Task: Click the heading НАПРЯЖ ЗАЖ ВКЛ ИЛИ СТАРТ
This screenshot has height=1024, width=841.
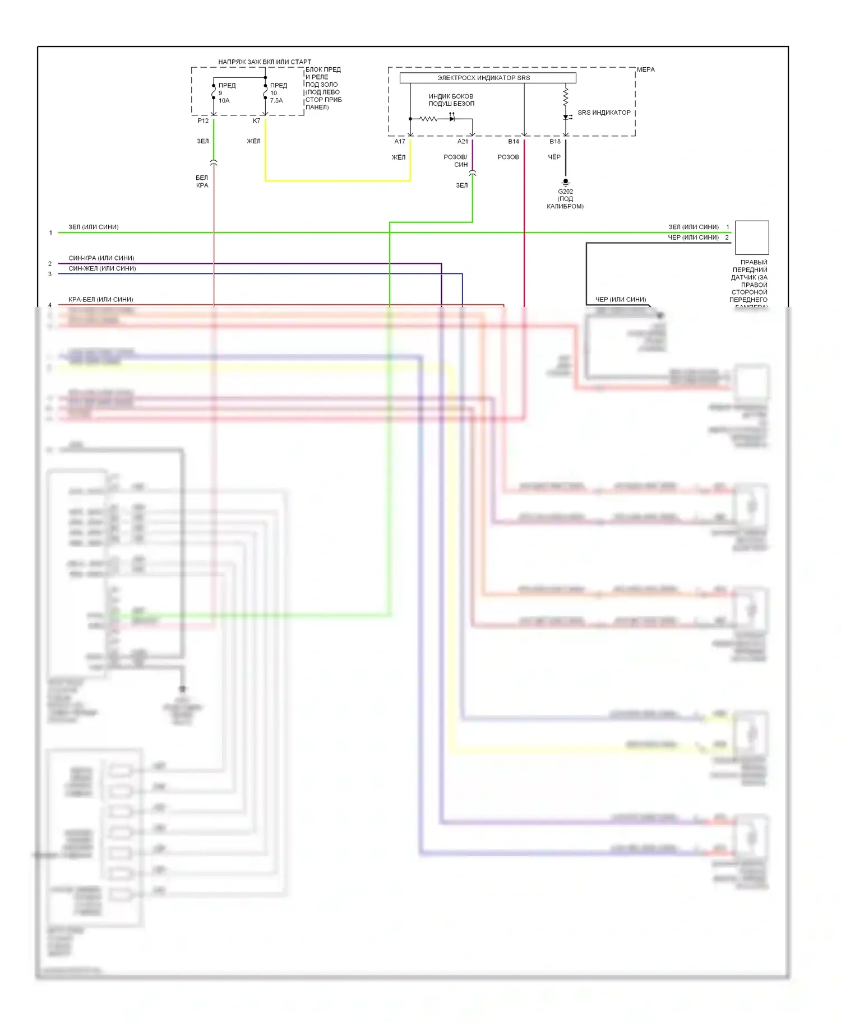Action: click(264, 62)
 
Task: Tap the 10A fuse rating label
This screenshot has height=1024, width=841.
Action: click(224, 101)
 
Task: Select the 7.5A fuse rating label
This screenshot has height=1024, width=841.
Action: click(276, 101)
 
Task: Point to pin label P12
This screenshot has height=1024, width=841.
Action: click(203, 121)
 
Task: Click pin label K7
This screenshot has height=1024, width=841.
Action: click(256, 121)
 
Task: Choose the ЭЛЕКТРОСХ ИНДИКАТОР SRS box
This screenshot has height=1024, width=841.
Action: click(487, 78)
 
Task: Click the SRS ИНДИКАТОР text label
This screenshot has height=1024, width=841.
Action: click(604, 113)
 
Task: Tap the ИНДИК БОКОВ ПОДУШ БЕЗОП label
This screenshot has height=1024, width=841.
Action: click(451, 100)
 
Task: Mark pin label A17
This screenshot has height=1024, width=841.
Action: click(400, 142)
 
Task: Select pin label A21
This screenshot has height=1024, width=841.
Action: click(463, 142)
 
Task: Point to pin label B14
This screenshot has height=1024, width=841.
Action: click(514, 142)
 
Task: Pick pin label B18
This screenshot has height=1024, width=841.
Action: click(555, 142)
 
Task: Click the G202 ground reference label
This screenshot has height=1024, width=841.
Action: click(565, 192)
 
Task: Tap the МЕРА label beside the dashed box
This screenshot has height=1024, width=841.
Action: click(645, 69)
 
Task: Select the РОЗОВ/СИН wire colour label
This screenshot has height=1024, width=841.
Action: click(455, 161)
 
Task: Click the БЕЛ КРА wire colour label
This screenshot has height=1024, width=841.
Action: click(202, 181)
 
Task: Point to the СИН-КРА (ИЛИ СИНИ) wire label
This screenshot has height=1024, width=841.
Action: click(101, 258)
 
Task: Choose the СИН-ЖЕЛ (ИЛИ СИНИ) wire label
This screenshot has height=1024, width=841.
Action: click(102, 268)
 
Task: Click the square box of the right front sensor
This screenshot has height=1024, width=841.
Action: click(751, 238)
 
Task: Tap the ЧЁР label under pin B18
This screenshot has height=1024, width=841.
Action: click(554, 157)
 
